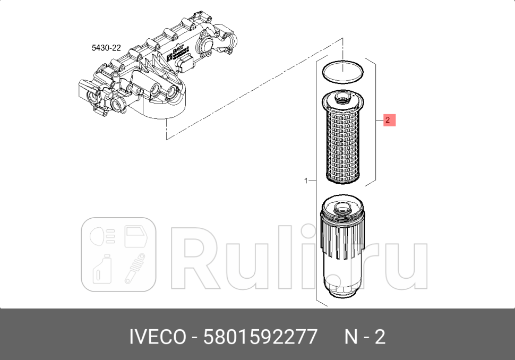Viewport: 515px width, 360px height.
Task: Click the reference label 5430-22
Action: tap(106, 48)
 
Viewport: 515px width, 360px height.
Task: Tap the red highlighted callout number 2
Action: tap(388, 121)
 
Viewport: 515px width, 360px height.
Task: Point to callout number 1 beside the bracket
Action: tap(306, 181)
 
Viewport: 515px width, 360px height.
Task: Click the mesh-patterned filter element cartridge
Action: tap(344, 143)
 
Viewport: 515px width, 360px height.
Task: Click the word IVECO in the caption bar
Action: tap(158, 337)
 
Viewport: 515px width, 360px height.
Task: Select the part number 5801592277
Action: tap(261, 337)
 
